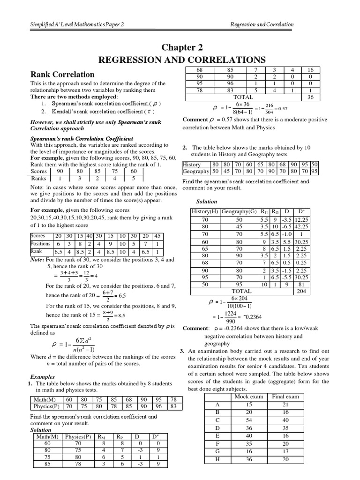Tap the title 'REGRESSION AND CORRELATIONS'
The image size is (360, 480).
click(x=181, y=60)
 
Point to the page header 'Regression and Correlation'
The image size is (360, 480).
click(x=262, y=24)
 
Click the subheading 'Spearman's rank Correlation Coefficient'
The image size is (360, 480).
click(x=82, y=139)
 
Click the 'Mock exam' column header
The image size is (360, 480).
click(x=250, y=396)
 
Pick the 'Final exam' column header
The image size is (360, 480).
click(x=285, y=396)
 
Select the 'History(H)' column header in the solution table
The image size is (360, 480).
click(x=205, y=212)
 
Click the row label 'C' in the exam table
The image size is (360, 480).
click(x=217, y=420)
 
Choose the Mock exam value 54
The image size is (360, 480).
click(x=250, y=420)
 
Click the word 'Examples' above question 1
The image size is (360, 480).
click(x=43, y=376)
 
